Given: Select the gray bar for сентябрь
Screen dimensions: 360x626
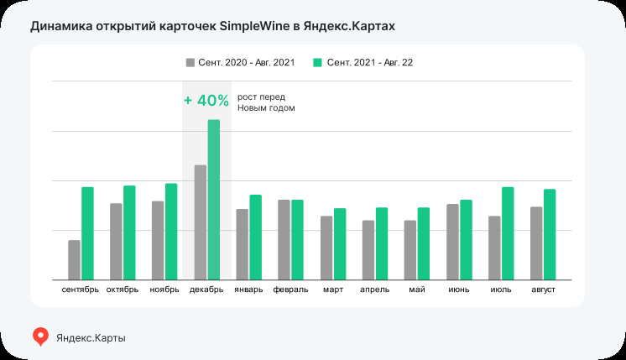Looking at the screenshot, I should click(75, 260).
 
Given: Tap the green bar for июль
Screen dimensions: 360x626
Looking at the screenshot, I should click(508, 233).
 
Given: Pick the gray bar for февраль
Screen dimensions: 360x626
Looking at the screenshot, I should click(284, 240).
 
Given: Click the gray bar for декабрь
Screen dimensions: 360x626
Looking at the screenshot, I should click(201, 222).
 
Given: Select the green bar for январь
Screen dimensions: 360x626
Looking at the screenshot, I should click(256, 237).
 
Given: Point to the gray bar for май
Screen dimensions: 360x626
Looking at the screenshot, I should click(410, 250).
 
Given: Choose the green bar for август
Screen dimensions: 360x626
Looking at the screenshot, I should click(550, 234).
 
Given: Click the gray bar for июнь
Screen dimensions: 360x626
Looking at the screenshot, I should click(452, 242).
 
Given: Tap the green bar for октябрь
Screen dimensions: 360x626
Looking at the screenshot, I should click(129, 232).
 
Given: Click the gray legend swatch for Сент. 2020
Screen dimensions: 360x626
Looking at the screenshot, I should click(190, 63).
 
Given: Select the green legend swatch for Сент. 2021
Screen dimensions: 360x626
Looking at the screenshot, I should click(317, 63).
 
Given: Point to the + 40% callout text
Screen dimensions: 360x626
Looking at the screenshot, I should click(206, 101).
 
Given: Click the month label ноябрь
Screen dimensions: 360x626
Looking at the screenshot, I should click(164, 290).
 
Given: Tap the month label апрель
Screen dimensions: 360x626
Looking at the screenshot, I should click(375, 290).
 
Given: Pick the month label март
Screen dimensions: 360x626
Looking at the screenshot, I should click(333, 290).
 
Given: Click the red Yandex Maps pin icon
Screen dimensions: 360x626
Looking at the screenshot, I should click(40, 337).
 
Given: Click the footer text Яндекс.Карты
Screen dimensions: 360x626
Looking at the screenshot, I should click(91, 337).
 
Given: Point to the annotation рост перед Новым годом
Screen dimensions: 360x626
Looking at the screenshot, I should click(266, 102).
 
